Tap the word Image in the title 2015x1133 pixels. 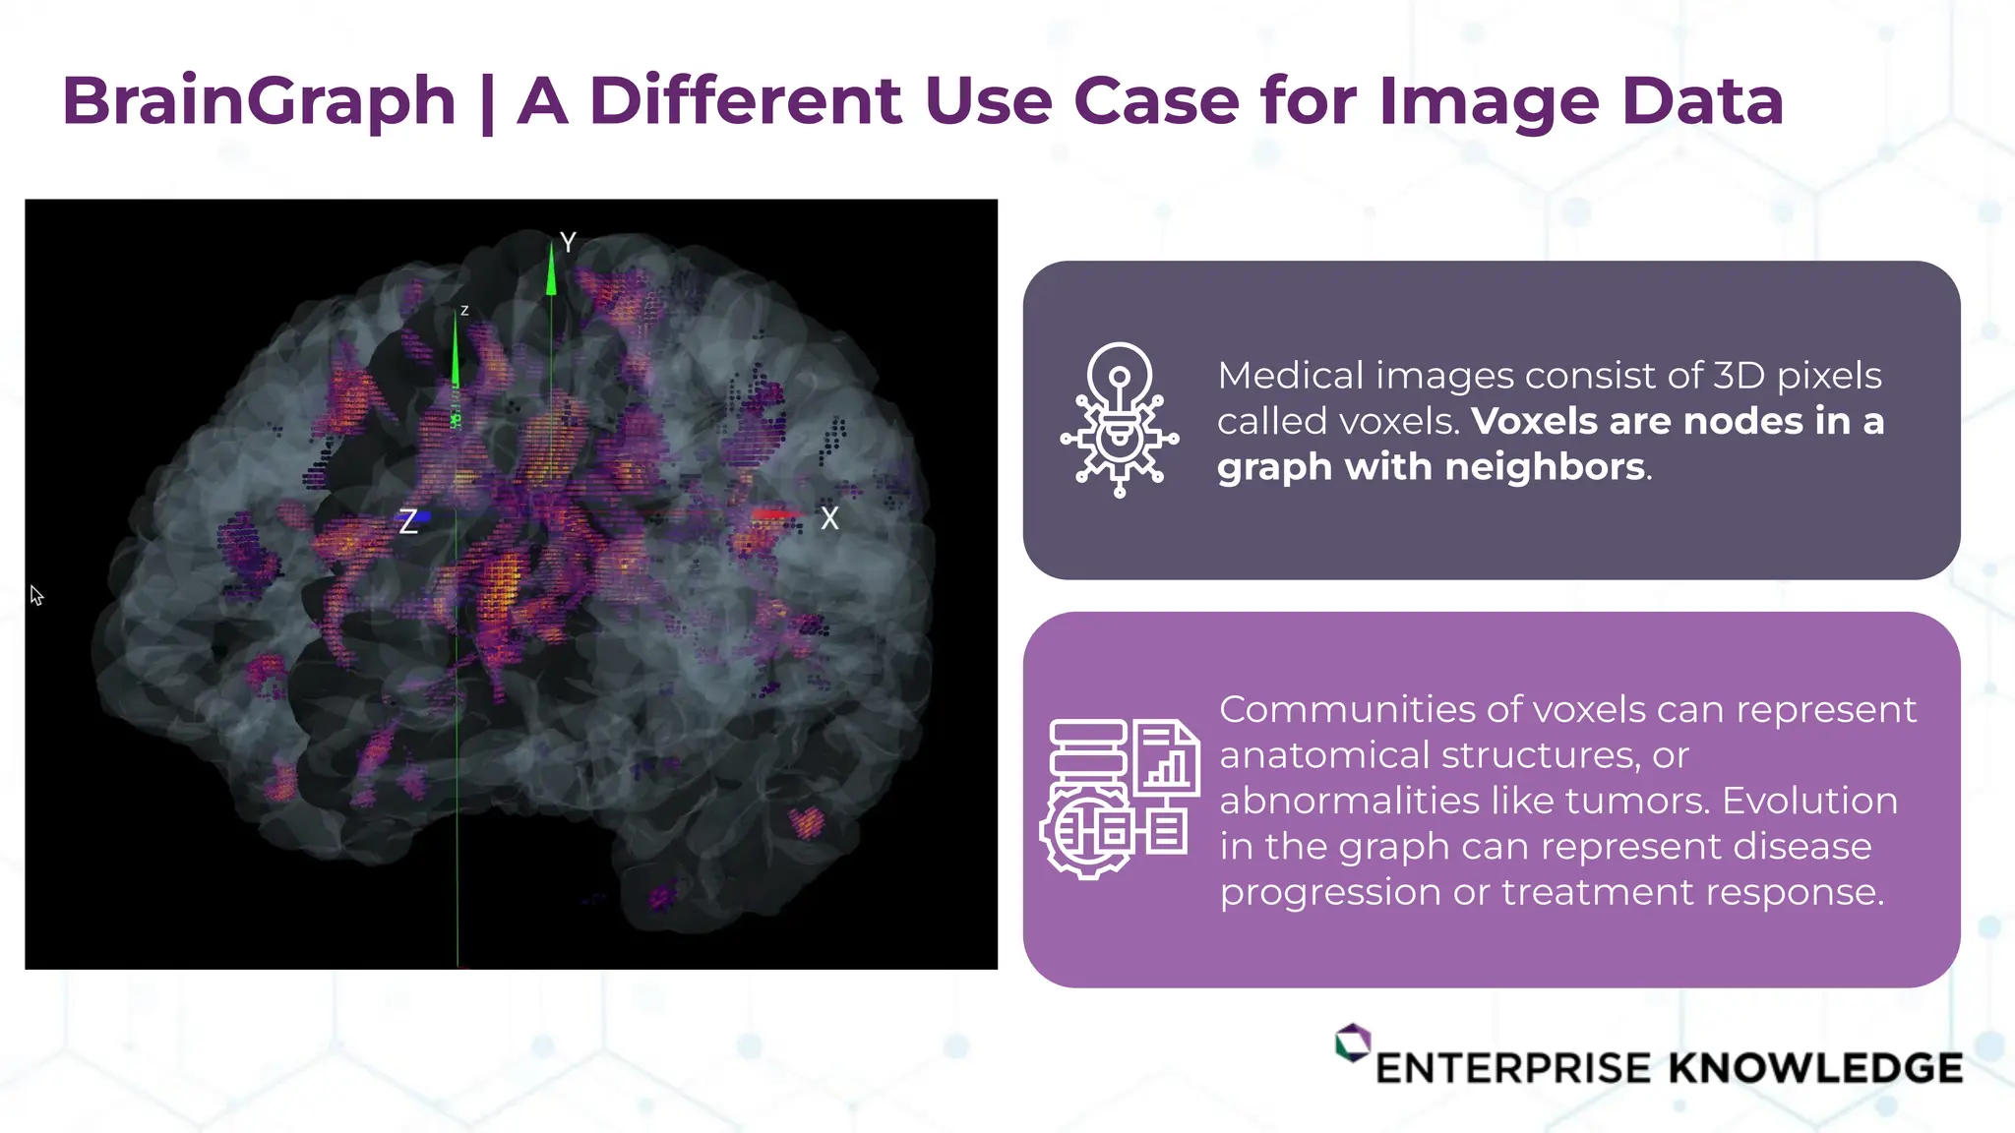coord(1489,102)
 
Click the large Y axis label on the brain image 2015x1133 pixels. coord(568,242)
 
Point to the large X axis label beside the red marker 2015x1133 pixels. coord(829,519)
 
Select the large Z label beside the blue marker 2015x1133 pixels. coord(408,521)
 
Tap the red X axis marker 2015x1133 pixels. coord(774,514)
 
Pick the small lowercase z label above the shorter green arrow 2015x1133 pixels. coord(464,311)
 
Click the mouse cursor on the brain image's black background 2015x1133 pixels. coord(36,595)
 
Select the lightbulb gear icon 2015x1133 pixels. coord(1120,419)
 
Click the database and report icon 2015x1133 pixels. coord(1120,798)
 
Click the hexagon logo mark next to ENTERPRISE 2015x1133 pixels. coord(1353,1043)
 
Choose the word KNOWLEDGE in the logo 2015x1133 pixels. coord(1815,1068)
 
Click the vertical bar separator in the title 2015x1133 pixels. coord(487,102)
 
